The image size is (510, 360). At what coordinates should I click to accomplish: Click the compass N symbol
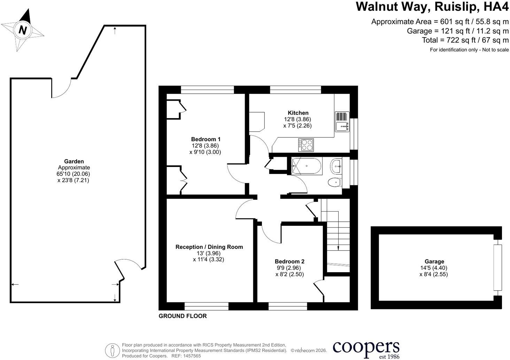(23, 30)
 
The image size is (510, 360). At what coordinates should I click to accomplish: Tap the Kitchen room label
(298, 113)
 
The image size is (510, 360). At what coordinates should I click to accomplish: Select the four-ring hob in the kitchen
(306, 145)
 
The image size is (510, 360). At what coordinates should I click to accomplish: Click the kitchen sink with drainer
(342, 121)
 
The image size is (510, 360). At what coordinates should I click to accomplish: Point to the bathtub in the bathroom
(307, 166)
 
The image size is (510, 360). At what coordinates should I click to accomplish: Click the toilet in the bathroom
(335, 182)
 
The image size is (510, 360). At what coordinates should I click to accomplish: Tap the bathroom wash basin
(336, 167)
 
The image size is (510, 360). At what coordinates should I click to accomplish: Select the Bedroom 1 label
(206, 139)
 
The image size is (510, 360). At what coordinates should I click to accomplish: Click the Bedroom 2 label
(289, 261)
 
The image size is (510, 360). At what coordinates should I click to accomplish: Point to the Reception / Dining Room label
(209, 247)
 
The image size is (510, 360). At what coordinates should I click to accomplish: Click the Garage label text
(434, 261)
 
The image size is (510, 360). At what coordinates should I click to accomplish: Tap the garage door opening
(497, 268)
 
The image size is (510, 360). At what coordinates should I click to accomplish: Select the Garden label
(74, 161)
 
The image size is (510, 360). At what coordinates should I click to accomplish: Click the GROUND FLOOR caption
(183, 316)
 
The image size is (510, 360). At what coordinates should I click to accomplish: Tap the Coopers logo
(366, 349)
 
